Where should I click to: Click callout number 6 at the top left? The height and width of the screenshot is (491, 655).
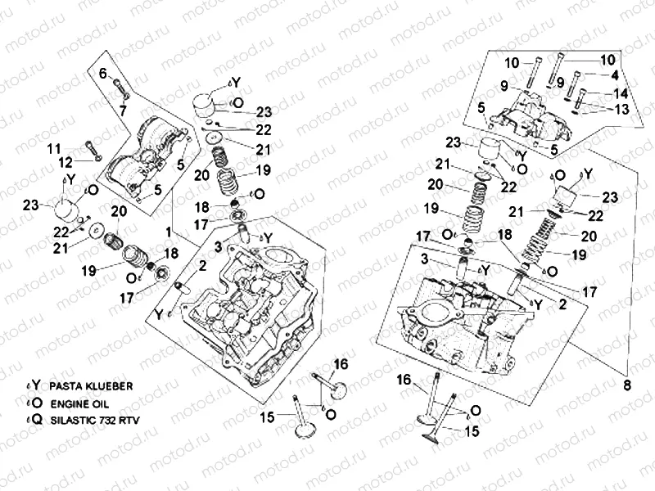(103, 74)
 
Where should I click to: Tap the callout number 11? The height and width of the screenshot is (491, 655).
(53, 148)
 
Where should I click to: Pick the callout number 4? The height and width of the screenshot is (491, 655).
(613, 74)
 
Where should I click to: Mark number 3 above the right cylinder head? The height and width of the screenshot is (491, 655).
(424, 259)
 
